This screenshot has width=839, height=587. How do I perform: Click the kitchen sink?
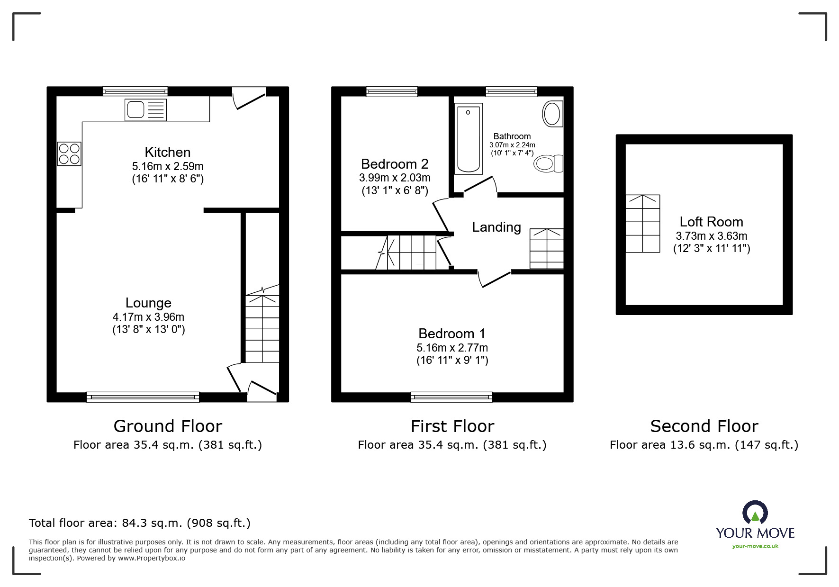click(145, 110)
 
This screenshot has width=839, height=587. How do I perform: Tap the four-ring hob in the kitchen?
click(69, 154)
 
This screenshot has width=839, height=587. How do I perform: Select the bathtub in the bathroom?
click(469, 138)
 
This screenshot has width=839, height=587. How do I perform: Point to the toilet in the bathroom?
click(549, 164)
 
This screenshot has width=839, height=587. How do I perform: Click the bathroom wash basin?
click(552, 114)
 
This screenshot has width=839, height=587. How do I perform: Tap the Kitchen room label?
click(168, 152)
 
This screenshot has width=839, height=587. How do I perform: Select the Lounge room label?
click(148, 303)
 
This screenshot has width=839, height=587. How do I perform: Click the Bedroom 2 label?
click(395, 164)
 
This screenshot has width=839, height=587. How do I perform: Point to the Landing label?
click(496, 227)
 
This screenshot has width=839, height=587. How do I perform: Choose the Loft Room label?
click(711, 222)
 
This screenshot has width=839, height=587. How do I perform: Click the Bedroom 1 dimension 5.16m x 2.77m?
click(452, 348)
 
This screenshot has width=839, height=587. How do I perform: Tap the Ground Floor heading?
click(168, 426)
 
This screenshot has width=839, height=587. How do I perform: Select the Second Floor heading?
click(704, 426)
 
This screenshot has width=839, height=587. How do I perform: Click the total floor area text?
click(140, 523)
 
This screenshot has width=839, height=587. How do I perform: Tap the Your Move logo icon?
click(755, 513)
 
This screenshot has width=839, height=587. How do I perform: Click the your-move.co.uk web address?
click(755, 546)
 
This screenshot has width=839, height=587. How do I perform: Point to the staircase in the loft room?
click(643, 223)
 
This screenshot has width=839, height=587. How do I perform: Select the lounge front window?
click(143, 397)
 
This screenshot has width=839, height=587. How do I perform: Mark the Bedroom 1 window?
click(451, 397)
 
